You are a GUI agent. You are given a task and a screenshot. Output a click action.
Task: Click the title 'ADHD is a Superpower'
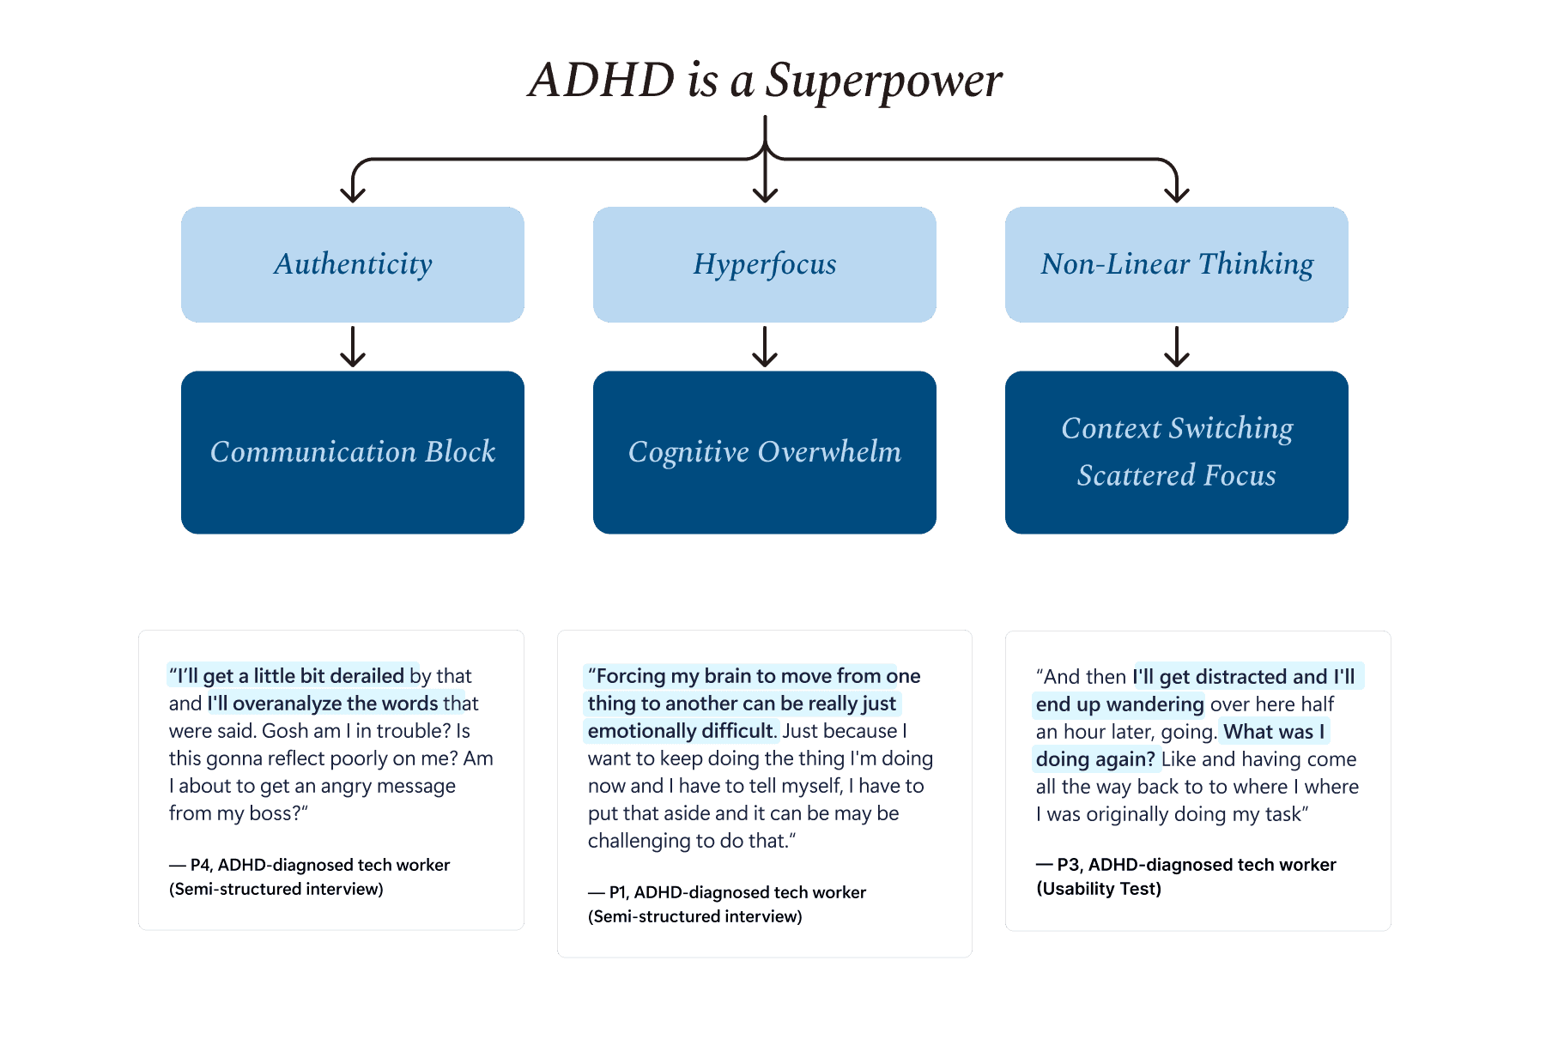tap(765, 81)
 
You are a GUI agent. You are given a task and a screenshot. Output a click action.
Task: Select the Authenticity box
tap(353, 264)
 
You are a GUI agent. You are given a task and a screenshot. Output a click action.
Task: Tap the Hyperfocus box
tap(764, 264)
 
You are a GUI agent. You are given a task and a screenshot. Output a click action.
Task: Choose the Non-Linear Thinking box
tap(1176, 264)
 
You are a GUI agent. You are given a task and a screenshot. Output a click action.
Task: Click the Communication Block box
tap(353, 452)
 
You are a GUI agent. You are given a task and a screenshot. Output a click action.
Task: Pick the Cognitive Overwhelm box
tap(764, 452)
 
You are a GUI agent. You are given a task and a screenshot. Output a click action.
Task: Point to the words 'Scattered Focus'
tap(1176, 475)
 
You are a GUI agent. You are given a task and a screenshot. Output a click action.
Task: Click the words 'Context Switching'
tap(1176, 428)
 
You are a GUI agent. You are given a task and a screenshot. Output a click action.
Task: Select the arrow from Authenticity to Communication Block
tap(353, 347)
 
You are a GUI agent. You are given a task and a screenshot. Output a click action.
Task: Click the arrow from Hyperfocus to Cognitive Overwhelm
tap(764, 347)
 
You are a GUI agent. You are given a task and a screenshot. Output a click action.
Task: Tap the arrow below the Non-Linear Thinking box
tap(1176, 347)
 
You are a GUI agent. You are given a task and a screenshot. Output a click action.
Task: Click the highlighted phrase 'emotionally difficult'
tap(681, 731)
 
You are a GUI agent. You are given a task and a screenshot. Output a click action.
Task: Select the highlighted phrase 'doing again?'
tap(1095, 759)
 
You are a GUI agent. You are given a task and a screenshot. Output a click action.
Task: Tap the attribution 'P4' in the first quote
tap(201, 865)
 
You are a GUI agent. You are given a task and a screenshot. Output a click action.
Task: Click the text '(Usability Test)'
tap(1099, 889)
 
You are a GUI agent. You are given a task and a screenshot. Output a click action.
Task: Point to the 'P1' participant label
tap(619, 892)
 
